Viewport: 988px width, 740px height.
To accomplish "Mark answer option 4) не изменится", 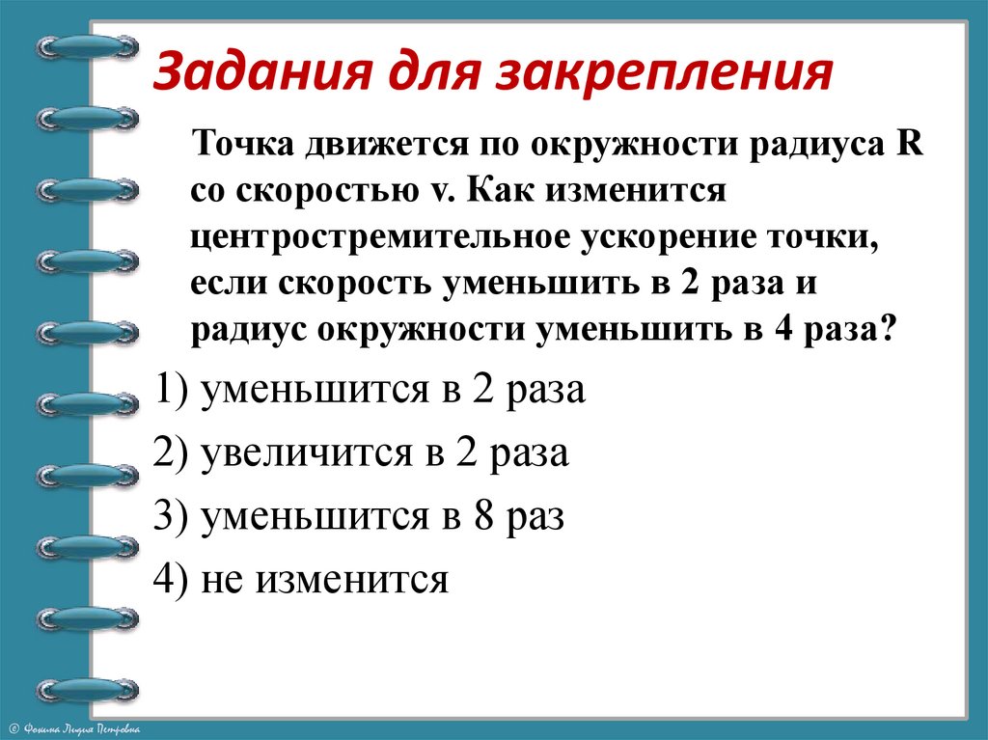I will (x=302, y=579).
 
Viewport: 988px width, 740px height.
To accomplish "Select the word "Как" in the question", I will (x=496, y=191).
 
